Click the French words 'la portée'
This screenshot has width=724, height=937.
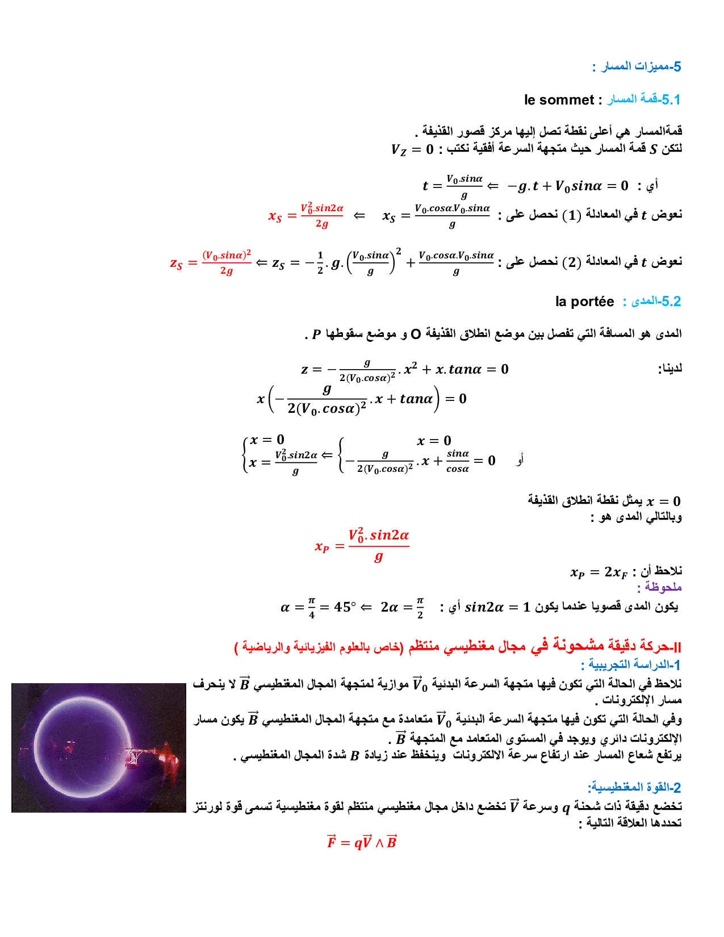[584, 302]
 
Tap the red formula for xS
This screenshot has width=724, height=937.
[306, 215]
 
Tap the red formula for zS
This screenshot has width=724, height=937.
[210, 262]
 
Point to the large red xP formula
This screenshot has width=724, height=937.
[362, 545]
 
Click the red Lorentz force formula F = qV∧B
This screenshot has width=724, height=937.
[362, 842]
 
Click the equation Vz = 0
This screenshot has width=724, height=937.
[412, 149]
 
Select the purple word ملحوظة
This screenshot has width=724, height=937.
[659, 587]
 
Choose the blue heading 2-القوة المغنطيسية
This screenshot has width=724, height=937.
[634, 787]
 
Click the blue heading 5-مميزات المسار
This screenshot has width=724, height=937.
[637, 66]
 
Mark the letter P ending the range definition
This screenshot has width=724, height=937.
[316, 334]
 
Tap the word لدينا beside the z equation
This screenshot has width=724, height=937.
[669, 369]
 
